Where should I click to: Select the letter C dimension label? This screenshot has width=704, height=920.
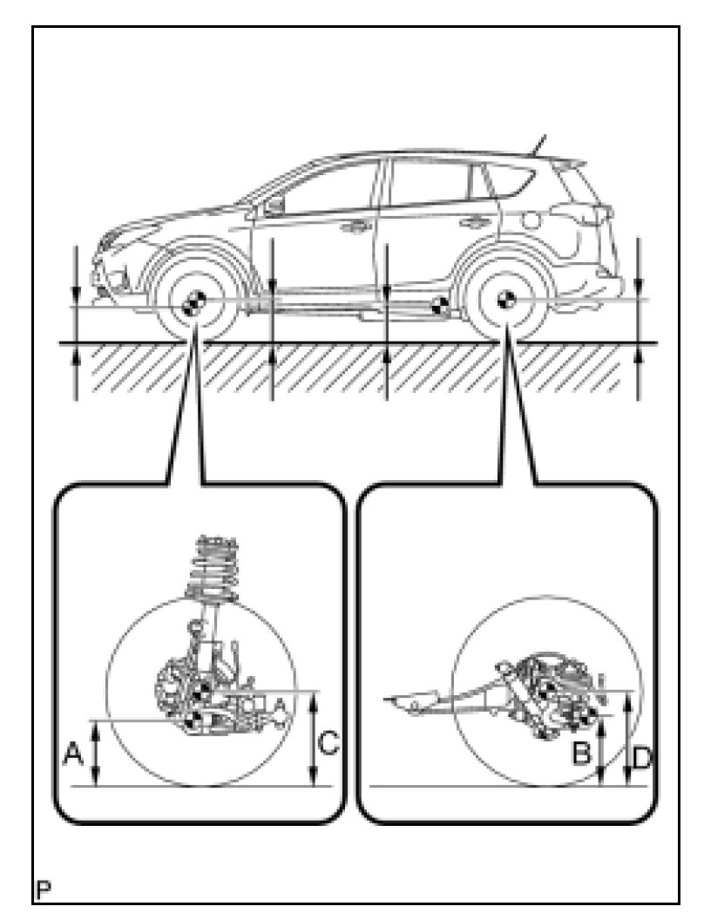pos(328,742)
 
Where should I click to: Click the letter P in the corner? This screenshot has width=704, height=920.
pos(42,890)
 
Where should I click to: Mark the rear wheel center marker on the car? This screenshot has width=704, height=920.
pos(504,299)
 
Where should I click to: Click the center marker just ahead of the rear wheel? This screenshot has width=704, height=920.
pos(440,305)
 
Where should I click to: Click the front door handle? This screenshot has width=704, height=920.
pos(355,228)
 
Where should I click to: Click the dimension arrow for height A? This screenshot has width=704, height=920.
pos(98,753)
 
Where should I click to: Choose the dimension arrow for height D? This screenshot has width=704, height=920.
pos(627,746)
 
